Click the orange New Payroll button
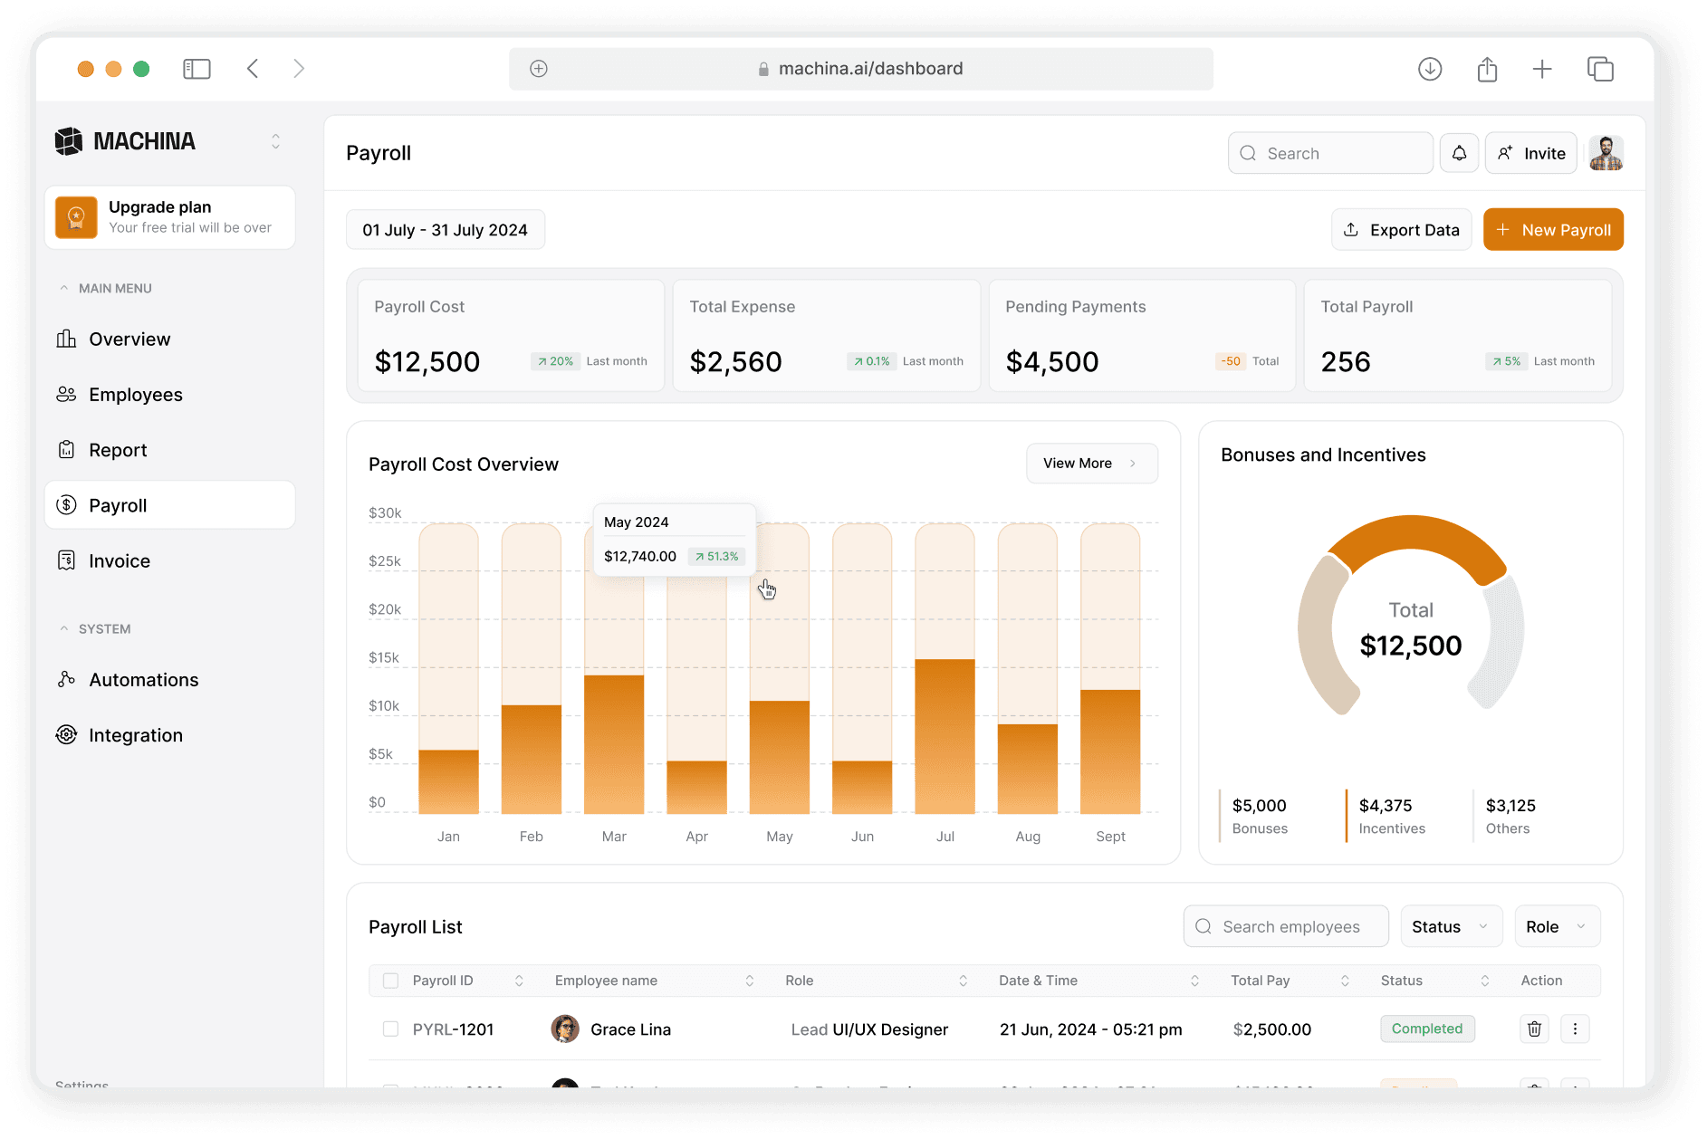[x=1552, y=230]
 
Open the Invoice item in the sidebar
[x=119, y=561]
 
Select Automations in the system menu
[x=143, y=680]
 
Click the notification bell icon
[x=1459, y=153]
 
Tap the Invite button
[x=1531, y=153]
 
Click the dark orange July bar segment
[x=945, y=735]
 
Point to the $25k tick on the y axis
[x=385, y=561]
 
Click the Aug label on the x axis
[x=1027, y=837]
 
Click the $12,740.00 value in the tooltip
[x=639, y=556]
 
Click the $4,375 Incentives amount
[x=1385, y=806]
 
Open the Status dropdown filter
[x=1450, y=926]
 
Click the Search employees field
[x=1290, y=926]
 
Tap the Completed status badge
[x=1426, y=1029]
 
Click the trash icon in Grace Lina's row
[x=1534, y=1029]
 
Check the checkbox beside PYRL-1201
[x=390, y=1029]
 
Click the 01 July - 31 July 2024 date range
[x=445, y=230]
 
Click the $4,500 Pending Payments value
[x=1051, y=362]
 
